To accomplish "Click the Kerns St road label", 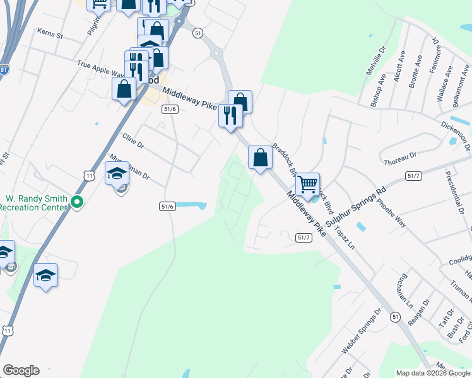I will click(x=50, y=33).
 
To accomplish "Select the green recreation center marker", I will click(x=77, y=202).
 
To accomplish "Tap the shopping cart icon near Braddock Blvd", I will click(x=307, y=185).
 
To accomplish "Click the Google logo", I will click(x=21, y=370).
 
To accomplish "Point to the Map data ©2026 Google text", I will click(x=432, y=373).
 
